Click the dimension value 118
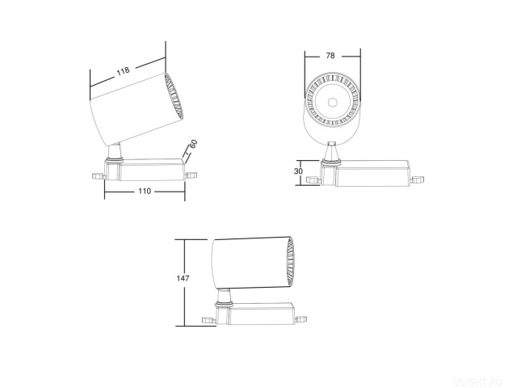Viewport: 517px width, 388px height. pos(122,72)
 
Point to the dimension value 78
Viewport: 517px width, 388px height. pos(331,56)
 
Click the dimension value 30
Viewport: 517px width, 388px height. pos(299,171)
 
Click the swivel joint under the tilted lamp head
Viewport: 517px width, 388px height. pos(116,152)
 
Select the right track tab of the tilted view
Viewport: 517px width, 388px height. pos(191,172)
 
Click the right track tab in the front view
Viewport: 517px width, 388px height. pos(418,180)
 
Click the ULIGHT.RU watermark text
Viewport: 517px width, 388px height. pos(483,377)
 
